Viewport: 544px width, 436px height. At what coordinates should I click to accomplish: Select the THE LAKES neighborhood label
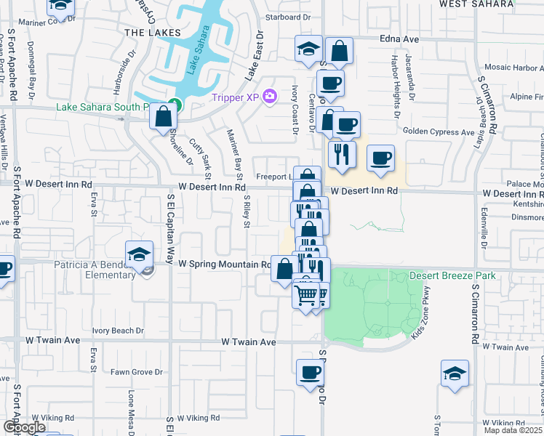click(x=148, y=33)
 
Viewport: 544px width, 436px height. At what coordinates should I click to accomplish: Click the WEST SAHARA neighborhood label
click(x=473, y=4)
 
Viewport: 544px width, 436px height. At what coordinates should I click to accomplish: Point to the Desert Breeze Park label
click(x=452, y=276)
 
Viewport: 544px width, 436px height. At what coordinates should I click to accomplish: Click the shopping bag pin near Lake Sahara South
click(x=164, y=116)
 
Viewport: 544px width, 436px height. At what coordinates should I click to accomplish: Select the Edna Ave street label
click(x=399, y=39)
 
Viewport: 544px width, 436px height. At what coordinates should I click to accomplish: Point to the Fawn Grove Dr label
click(x=137, y=372)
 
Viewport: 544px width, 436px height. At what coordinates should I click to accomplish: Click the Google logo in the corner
click(x=24, y=427)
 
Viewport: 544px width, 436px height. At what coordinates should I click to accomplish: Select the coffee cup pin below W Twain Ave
click(x=310, y=374)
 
